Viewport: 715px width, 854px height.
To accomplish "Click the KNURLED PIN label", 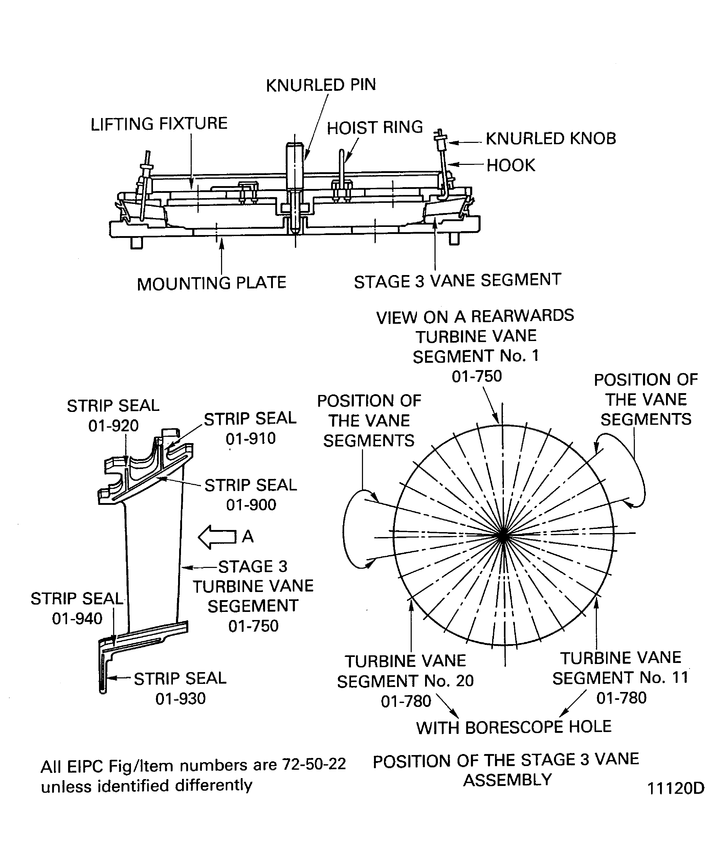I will [321, 85].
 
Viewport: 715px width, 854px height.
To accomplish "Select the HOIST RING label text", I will [375, 128].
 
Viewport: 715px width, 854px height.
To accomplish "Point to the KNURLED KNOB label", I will [551, 139].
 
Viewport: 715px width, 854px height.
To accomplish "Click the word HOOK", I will [511, 165].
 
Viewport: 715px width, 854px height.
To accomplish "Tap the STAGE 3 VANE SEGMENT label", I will [457, 281].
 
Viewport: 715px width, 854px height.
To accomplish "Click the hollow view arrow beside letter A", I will [217, 537].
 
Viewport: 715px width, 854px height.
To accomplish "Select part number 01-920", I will [114, 426].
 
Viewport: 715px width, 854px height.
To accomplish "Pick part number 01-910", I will [251, 438].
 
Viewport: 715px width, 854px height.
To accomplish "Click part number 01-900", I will [251, 505].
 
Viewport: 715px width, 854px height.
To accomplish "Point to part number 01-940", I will [77, 618].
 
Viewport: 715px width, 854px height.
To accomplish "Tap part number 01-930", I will [180, 699].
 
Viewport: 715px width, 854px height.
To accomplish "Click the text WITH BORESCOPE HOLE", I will [514, 727].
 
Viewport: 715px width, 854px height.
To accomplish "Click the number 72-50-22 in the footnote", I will [314, 764].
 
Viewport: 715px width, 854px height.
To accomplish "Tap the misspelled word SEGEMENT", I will [253, 606].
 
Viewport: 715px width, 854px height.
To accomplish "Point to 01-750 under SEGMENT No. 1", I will [476, 376].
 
